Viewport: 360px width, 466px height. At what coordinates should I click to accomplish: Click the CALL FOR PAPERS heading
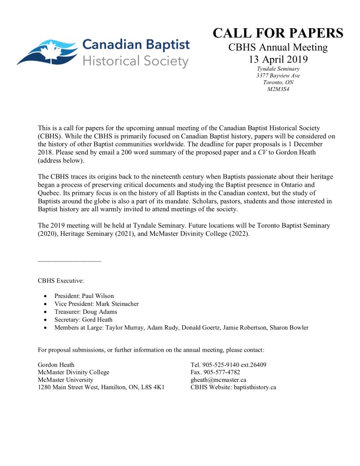click(x=278, y=33)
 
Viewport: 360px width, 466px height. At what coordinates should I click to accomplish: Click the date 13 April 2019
click(x=278, y=59)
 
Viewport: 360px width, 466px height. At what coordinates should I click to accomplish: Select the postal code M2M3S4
click(x=278, y=89)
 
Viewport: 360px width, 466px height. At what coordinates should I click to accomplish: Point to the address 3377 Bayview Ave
click(x=278, y=76)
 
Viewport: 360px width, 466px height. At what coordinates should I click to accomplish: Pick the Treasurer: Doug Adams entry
click(x=86, y=312)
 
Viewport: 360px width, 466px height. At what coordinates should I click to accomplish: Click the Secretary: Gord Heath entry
click(x=83, y=320)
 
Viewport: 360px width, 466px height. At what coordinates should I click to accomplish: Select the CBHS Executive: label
click(x=61, y=281)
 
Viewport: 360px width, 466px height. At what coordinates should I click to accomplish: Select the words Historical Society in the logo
click(x=135, y=61)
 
